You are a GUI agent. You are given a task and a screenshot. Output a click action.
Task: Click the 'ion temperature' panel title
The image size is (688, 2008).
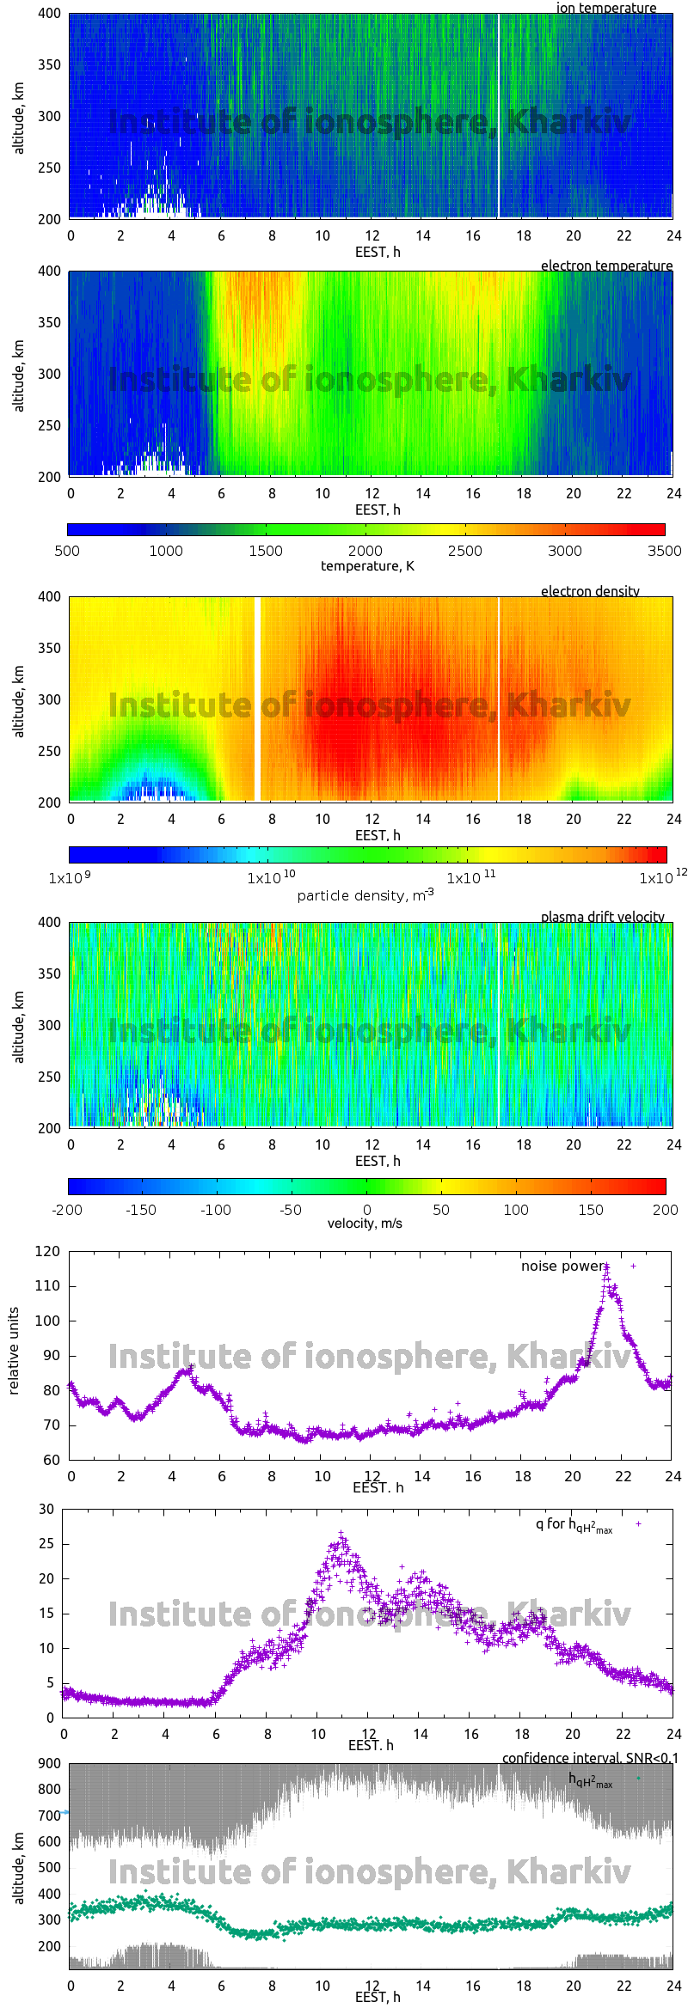tap(605, 8)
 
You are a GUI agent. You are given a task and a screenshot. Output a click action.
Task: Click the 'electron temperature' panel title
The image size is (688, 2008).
tap(606, 265)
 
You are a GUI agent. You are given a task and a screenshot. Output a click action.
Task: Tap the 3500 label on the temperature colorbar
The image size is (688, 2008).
tap(664, 551)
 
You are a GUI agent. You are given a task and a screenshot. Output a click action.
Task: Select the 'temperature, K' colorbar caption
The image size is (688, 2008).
tap(367, 566)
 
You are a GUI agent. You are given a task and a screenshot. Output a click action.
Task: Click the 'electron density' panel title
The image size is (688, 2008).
tap(590, 591)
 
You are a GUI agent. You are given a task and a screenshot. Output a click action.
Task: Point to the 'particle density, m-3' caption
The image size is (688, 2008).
tap(365, 895)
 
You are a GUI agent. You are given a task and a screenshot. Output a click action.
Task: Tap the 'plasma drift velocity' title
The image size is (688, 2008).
tap(602, 917)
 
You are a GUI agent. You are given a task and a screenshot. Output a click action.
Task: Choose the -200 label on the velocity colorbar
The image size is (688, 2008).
tap(67, 1210)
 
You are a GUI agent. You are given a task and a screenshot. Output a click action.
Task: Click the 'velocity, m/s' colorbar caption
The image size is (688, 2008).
tap(365, 1224)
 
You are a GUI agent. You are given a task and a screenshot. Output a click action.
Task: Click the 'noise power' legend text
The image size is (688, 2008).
tap(562, 1266)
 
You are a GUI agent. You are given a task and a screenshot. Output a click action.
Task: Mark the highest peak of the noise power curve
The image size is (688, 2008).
tap(606, 1266)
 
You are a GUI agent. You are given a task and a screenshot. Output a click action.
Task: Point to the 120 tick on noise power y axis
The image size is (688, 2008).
tap(48, 1252)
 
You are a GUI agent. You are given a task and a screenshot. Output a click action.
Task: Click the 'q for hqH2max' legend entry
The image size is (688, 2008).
tap(574, 1524)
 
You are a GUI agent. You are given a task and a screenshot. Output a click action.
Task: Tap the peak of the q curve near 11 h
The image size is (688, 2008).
tap(341, 1534)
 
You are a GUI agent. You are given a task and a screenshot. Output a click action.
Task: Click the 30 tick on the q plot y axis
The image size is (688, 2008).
tap(46, 1510)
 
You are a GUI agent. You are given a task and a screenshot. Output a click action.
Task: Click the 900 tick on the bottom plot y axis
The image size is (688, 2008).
tap(50, 1763)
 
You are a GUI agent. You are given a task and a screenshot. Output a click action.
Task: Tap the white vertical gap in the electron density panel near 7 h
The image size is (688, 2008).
tap(257, 699)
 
